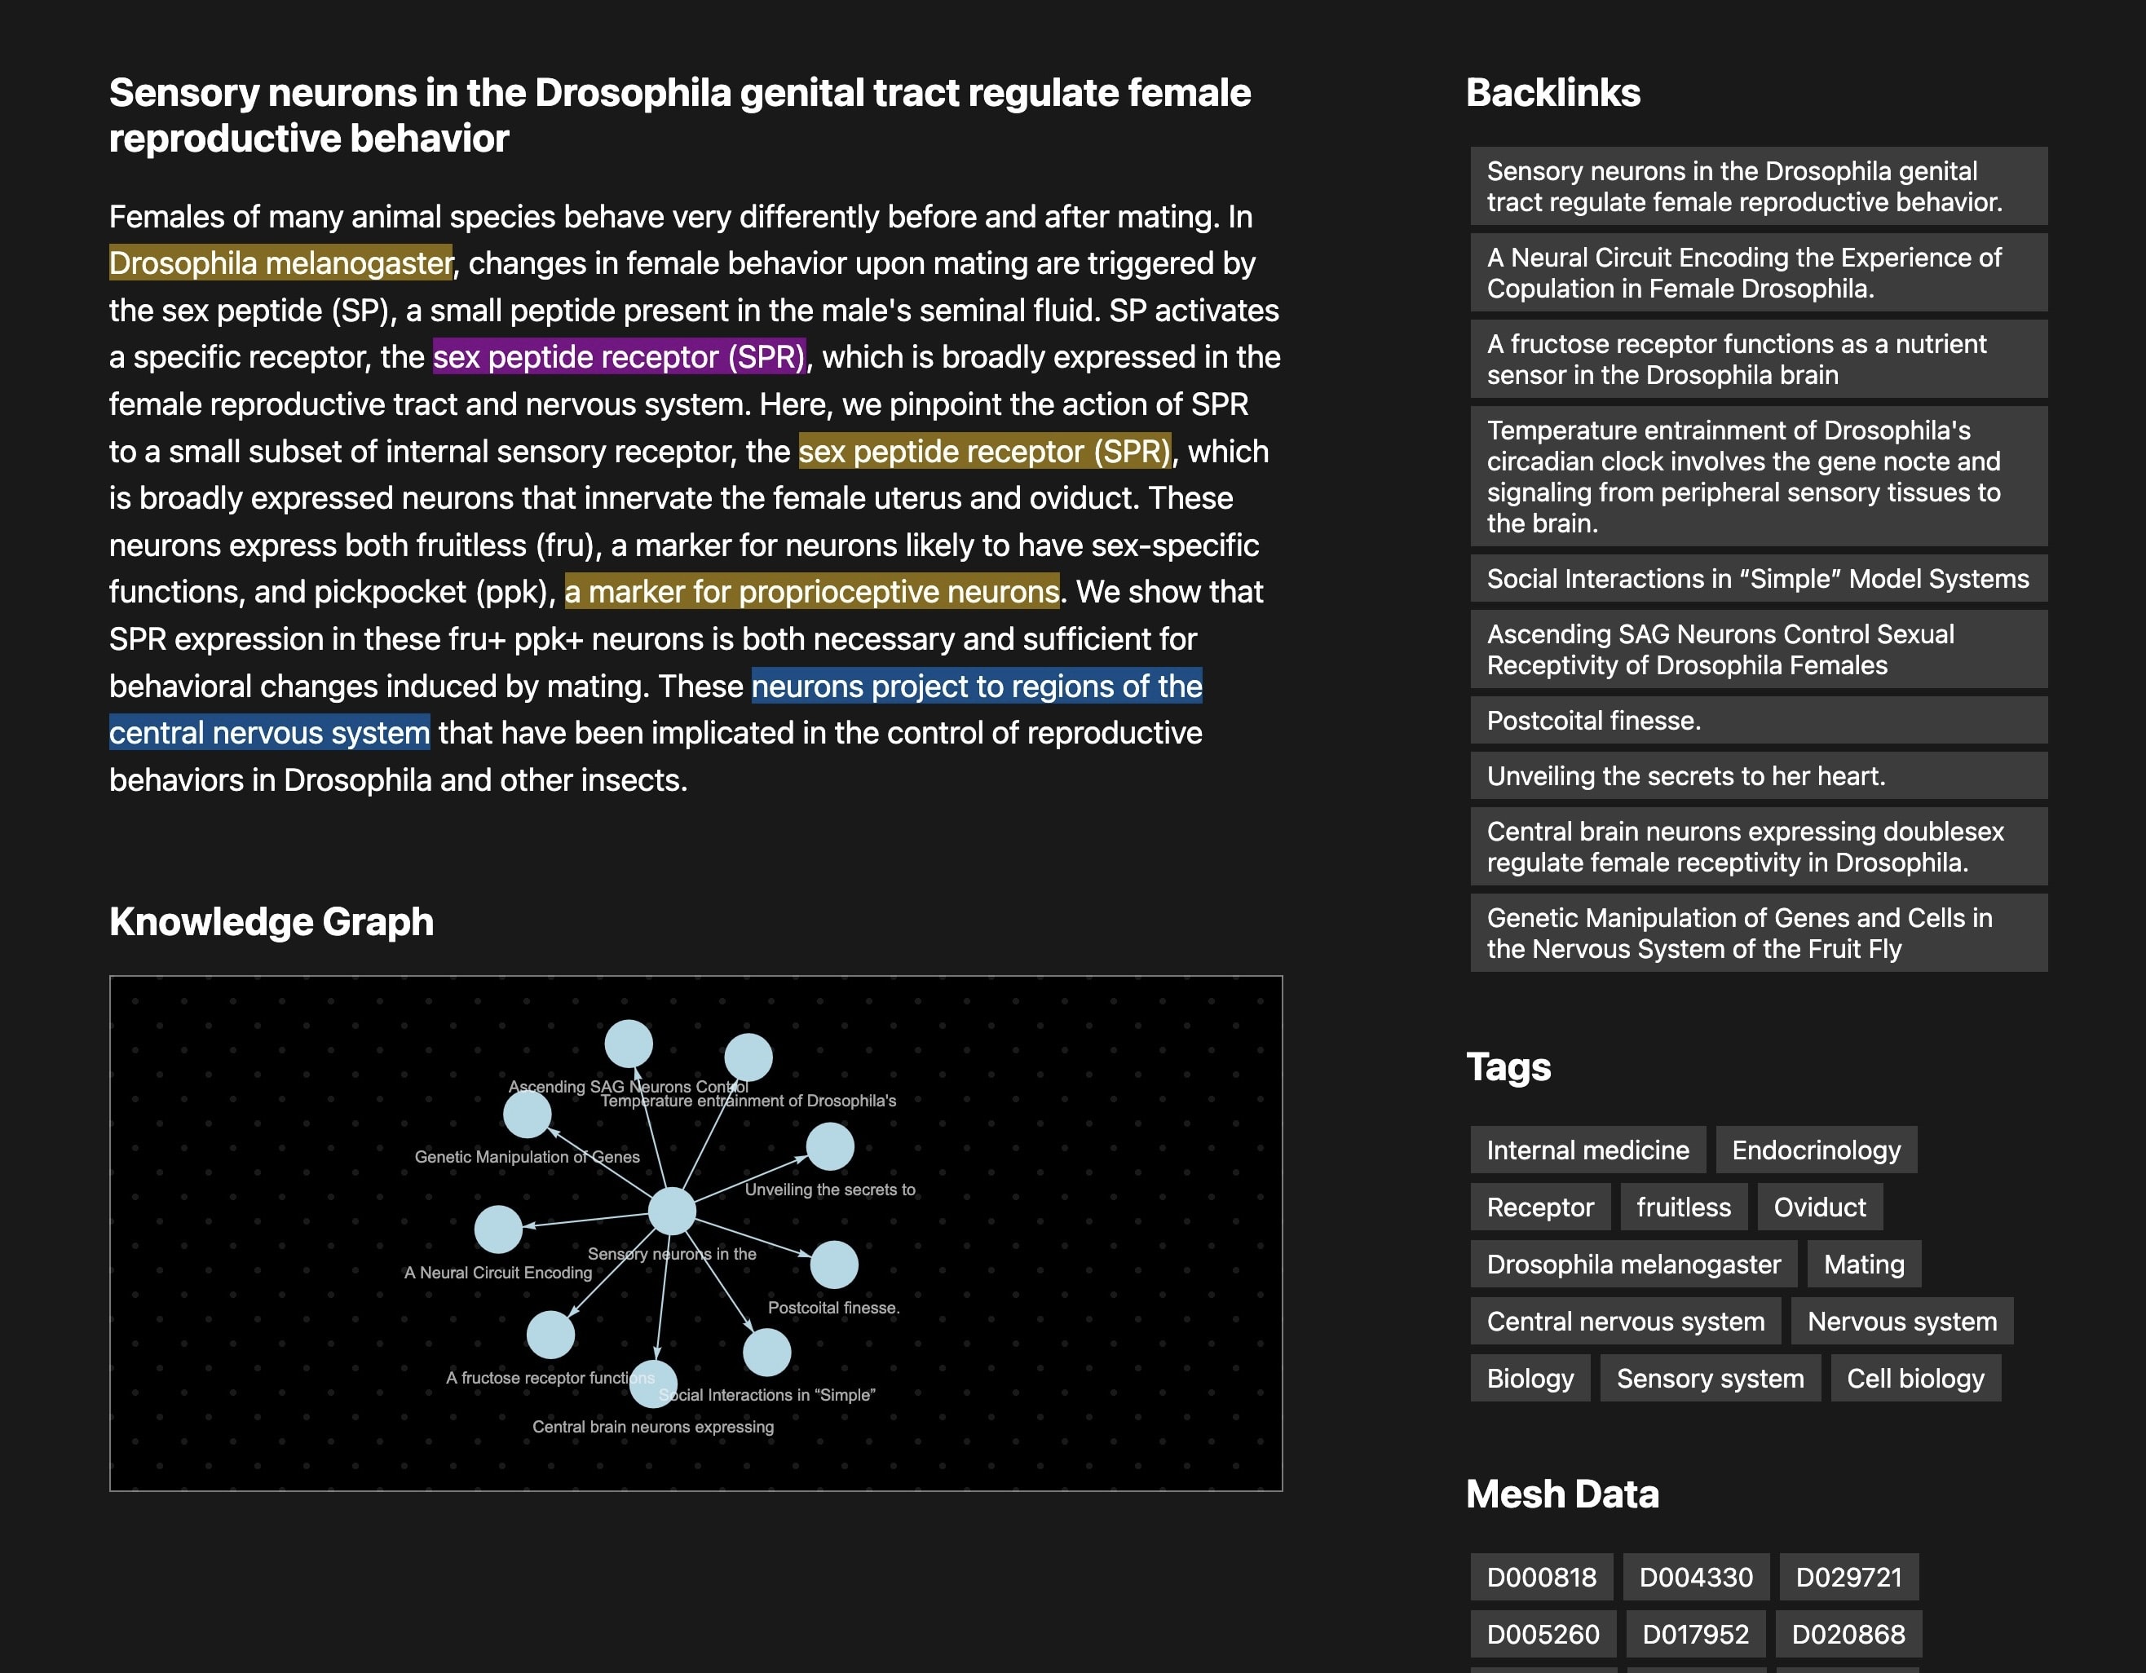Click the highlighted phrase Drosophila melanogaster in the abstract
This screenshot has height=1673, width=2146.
pyautogui.click(x=281, y=263)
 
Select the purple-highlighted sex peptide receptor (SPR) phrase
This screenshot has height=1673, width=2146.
pyautogui.click(x=619, y=356)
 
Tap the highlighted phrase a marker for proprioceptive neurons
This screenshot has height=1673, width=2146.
pyautogui.click(x=811, y=591)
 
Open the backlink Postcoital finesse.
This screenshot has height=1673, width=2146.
pyautogui.click(x=1594, y=720)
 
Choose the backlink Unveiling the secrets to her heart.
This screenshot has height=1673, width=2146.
pyautogui.click(x=1686, y=776)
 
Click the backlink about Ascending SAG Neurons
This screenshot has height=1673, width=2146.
pyautogui.click(x=1720, y=649)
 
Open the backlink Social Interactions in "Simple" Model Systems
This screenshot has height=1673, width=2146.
pyautogui.click(x=1757, y=579)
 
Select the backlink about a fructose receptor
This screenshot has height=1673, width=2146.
pyautogui.click(x=1735, y=360)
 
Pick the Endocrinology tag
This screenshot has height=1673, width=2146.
pyautogui.click(x=1816, y=1150)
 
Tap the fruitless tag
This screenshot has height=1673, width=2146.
pyautogui.click(x=1683, y=1207)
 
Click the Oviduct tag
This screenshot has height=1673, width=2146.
pyautogui.click(x=1819, y=1207)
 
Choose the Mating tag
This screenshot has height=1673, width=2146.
pyautogui.click(x=1863, y=1265)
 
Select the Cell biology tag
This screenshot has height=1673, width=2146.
pyautogui.click(x=1915, y=1379)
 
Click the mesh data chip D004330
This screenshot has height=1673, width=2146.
pyautogui.click(x=1695, y=1577)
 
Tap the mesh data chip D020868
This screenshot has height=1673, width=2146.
pyautogui.click(x=1848, y=1634)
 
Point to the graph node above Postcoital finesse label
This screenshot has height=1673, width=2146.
pyautogui.click(x=833, y=1265)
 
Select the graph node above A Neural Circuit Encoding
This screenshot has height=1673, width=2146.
pyautogui.click(x=498, y=1229)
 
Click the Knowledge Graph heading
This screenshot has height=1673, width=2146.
pyautogui.click(x=272, y=921)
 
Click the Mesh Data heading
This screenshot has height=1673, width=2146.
pyautogui.click(x=1561, y=1494)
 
